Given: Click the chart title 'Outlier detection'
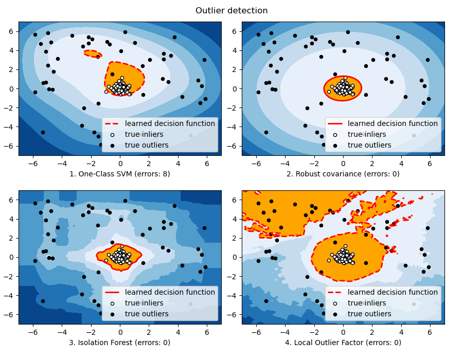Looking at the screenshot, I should (x=232, y=11).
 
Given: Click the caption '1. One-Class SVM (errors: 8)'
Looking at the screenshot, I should (x=120, y=174).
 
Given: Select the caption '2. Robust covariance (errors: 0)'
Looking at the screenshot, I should (x=343, y=174).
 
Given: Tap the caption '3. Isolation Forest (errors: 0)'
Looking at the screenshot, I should (x=120, y=343).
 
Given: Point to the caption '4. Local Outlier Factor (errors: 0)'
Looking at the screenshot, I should (x=343, y=343).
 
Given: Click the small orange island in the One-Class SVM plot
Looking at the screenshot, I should (x=93, y=53).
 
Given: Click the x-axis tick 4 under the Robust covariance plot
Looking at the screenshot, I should (x=401, y=163).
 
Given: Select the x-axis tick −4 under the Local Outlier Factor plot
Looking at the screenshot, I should (x=285, y=332).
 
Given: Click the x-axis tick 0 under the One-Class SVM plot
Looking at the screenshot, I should (x=120, y=163).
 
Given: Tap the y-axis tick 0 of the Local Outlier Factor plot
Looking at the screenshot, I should (x=235, y=257).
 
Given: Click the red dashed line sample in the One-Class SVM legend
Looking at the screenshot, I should (x=112, y=123).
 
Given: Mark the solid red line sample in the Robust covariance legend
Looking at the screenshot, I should (x=335, y=123).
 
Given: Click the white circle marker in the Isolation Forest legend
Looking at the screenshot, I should (x=112, y=303).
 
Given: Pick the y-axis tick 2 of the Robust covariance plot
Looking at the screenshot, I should (x=235, y=69).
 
